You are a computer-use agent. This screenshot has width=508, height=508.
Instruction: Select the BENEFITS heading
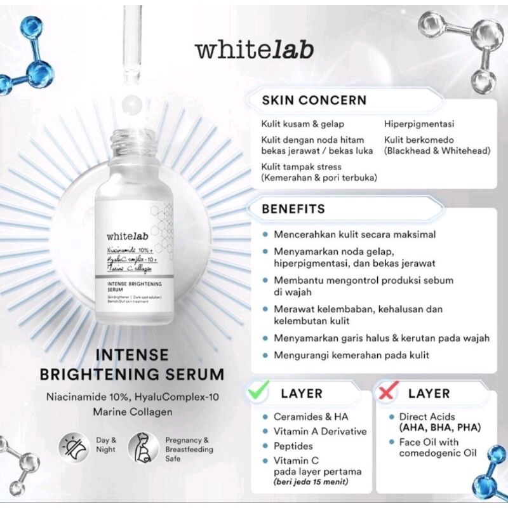293,209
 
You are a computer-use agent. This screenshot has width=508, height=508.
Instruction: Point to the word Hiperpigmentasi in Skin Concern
418,124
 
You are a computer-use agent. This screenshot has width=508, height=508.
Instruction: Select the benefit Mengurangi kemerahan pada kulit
352,355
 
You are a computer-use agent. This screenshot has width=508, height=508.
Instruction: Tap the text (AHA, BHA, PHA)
439,427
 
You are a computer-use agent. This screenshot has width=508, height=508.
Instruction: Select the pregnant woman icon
144,447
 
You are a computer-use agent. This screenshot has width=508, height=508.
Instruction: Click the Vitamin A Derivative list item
321,431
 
